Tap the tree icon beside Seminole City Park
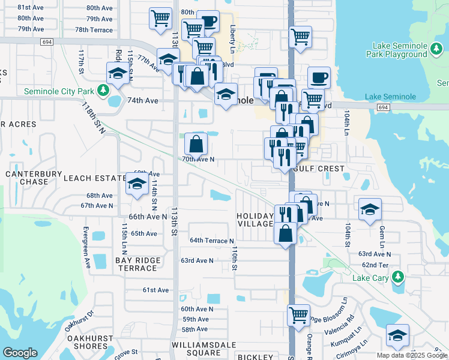(x=103, y=91)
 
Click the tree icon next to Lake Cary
(x=397, y=277)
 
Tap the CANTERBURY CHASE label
(x=34, y=178)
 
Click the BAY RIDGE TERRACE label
(x=137, y=264)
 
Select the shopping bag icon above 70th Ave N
(x=196, y=143)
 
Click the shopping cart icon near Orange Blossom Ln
(x=298, y=314)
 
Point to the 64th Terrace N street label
(x=211, y=241)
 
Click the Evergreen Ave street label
(x=86, y=247)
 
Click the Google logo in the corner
(x=20, y=352)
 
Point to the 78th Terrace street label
(x=94, y=29)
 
